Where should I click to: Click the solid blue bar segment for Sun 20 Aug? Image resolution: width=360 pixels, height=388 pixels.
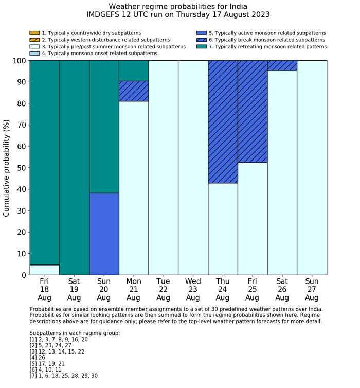pyautogui.click(x=104, y=234)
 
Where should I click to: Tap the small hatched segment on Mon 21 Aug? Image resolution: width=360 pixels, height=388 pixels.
pyautogui.click(x=134, y=91)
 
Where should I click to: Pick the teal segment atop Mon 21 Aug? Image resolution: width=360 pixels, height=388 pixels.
pyautogui.click(x=134, y=70)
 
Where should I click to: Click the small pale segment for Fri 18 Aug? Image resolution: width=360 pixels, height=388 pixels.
pyautogui.click(x=44, y=270)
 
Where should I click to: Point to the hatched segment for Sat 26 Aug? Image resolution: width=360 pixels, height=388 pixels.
pyautogui.click(x=282, y=65)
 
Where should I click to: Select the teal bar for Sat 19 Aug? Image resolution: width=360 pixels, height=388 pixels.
pyautogui.click(x=74, y=167)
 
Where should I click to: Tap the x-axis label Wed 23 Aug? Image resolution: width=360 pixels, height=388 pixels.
pyautogui.click(x=193, y=289)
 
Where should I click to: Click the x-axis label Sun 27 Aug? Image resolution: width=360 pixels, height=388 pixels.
pyautogui.click(x=312, y=289)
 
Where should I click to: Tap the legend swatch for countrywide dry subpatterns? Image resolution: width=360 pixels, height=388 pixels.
pyautogui.click(x=34, y=33)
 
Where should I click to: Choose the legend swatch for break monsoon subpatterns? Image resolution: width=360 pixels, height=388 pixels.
pyautogui.click(x=201, y=40)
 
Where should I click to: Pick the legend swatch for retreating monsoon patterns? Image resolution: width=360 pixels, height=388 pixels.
pyautogui.click(x=201, y=46)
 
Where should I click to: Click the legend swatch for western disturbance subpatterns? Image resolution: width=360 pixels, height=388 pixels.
pyautogui.click(x=34, y=40)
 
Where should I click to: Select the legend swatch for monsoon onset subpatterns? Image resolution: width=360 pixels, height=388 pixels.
pyautogui.click(x=34, y=53)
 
